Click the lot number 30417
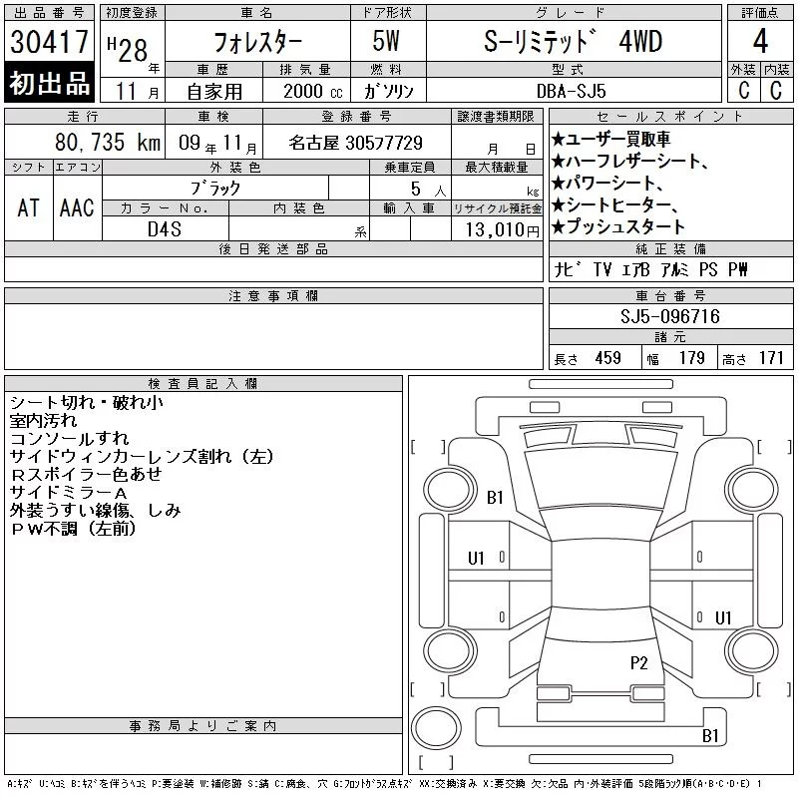pyautogui.click(x=49, y=42)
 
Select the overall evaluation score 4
pyautogui.click(x=760, y=41)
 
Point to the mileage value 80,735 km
pyautogui.click(x=108, y=142)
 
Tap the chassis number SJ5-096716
pyautogui.click(x=670, y=316)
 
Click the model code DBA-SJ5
pyautogui.click(x=572, y=91)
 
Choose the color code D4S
pyautogui.click(x=165, y=229)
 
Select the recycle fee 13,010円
pyautogui.click(x=503, y=229)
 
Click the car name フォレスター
pyautogui.click(x=257, y=41)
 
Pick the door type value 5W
pyautogui.click(x=386, y=41)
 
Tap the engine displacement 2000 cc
pyautogui.click(x=313, y=91)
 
